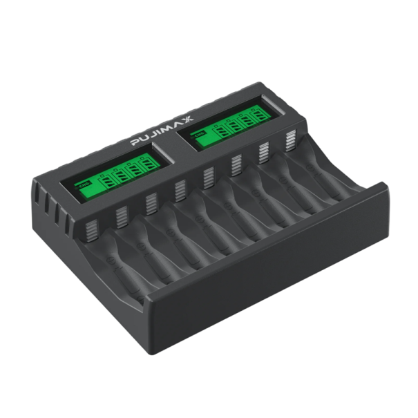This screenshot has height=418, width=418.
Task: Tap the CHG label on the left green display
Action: coord(85,185)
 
